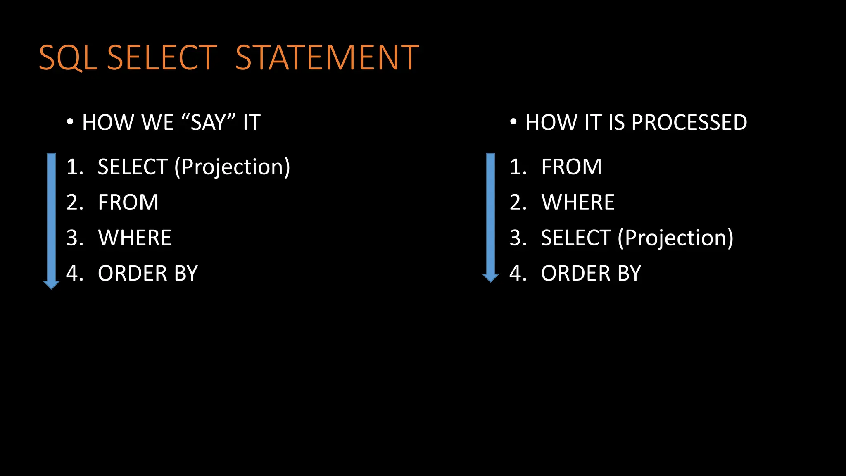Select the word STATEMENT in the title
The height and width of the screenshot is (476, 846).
(x=327, y=58)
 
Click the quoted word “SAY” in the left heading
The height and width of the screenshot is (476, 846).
(x=208, y=122)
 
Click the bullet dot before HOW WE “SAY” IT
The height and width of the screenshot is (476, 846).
(x=70, y=122)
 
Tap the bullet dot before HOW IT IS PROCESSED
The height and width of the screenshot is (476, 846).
(x=513, y=122)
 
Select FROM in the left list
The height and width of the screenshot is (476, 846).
(x=128, y=202)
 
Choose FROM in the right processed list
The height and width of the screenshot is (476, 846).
(x=571, y=167)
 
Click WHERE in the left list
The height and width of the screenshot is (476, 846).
(x=135, y=238)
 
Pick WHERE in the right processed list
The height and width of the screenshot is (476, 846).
(x=578, y=202)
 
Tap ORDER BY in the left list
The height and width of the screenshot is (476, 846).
(x=148, y=274)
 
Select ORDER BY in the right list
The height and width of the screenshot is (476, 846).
(x=591, y=274)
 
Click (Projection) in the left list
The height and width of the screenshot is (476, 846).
(x=232, y=167)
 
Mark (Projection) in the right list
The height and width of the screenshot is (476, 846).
(x=675, y=238)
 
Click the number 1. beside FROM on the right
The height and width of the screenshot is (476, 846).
(x=518, y=167)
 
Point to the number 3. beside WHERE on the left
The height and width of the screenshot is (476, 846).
(x=75, y=238)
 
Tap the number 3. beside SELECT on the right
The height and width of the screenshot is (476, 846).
(x=518, y=238)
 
